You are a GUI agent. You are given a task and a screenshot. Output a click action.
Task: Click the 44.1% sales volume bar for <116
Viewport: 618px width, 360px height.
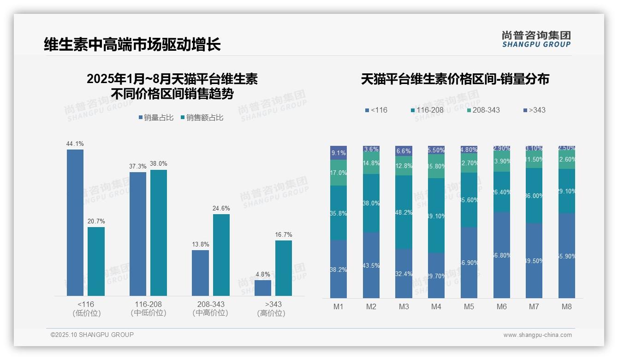75,222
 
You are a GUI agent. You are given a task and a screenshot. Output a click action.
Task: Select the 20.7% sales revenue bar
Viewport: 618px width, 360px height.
96,261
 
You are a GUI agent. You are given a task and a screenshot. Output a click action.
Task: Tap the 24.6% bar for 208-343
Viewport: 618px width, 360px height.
221,255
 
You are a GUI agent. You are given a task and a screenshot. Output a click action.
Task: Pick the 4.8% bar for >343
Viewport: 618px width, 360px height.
263,288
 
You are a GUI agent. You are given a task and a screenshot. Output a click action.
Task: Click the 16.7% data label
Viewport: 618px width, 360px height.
283,234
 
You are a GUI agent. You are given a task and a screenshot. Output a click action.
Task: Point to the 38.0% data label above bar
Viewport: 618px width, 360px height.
158,163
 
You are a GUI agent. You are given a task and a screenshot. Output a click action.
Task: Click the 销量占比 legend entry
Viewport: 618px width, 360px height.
155,118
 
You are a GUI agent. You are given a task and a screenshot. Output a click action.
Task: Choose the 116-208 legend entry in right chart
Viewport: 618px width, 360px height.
427,110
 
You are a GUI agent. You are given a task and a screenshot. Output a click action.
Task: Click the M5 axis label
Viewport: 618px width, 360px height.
469,306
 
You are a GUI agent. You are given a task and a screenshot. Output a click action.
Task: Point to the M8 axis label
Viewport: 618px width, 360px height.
567,306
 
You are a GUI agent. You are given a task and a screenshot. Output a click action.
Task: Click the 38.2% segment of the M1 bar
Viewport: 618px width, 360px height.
339,269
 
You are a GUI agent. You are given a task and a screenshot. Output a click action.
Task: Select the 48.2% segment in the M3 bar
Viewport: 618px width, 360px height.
404,212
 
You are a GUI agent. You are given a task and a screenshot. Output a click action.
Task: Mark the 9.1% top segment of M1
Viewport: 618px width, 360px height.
339,153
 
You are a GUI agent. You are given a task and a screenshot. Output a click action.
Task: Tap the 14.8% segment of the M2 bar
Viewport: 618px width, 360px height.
371,163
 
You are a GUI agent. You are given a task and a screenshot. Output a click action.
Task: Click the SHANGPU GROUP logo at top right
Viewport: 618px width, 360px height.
536,39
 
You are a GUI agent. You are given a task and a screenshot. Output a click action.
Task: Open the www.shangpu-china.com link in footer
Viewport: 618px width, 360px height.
537,335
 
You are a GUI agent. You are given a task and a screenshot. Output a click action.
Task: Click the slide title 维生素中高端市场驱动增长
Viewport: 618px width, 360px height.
132,45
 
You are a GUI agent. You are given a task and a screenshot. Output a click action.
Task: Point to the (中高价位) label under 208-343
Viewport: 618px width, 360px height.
210,313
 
